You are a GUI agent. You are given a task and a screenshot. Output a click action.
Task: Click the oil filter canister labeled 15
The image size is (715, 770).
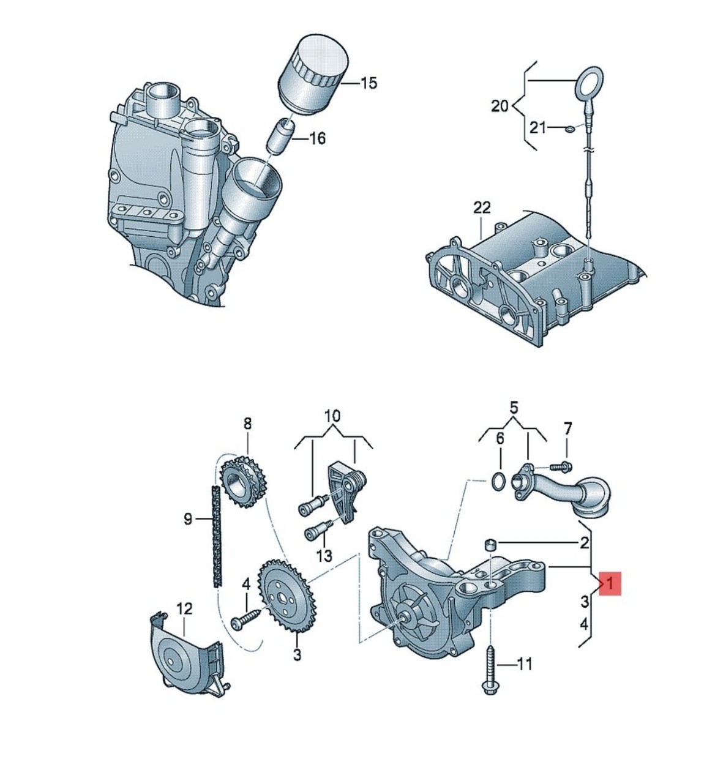click(x=313, y=75)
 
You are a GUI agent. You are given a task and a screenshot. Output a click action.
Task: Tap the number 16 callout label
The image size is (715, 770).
click(x=317, y=138)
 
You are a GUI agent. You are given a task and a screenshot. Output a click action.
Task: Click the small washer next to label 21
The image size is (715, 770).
click(x=569, y=129)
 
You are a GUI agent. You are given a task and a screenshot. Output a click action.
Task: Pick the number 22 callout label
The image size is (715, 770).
click(x=482, y=208)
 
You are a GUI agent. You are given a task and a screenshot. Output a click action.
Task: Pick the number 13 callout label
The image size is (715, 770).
click(x=324, y=556)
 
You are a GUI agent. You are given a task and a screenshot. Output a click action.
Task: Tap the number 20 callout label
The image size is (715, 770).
click(x=500, y=105)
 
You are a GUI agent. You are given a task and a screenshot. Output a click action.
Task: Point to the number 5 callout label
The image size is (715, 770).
click(x=514, y=408)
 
